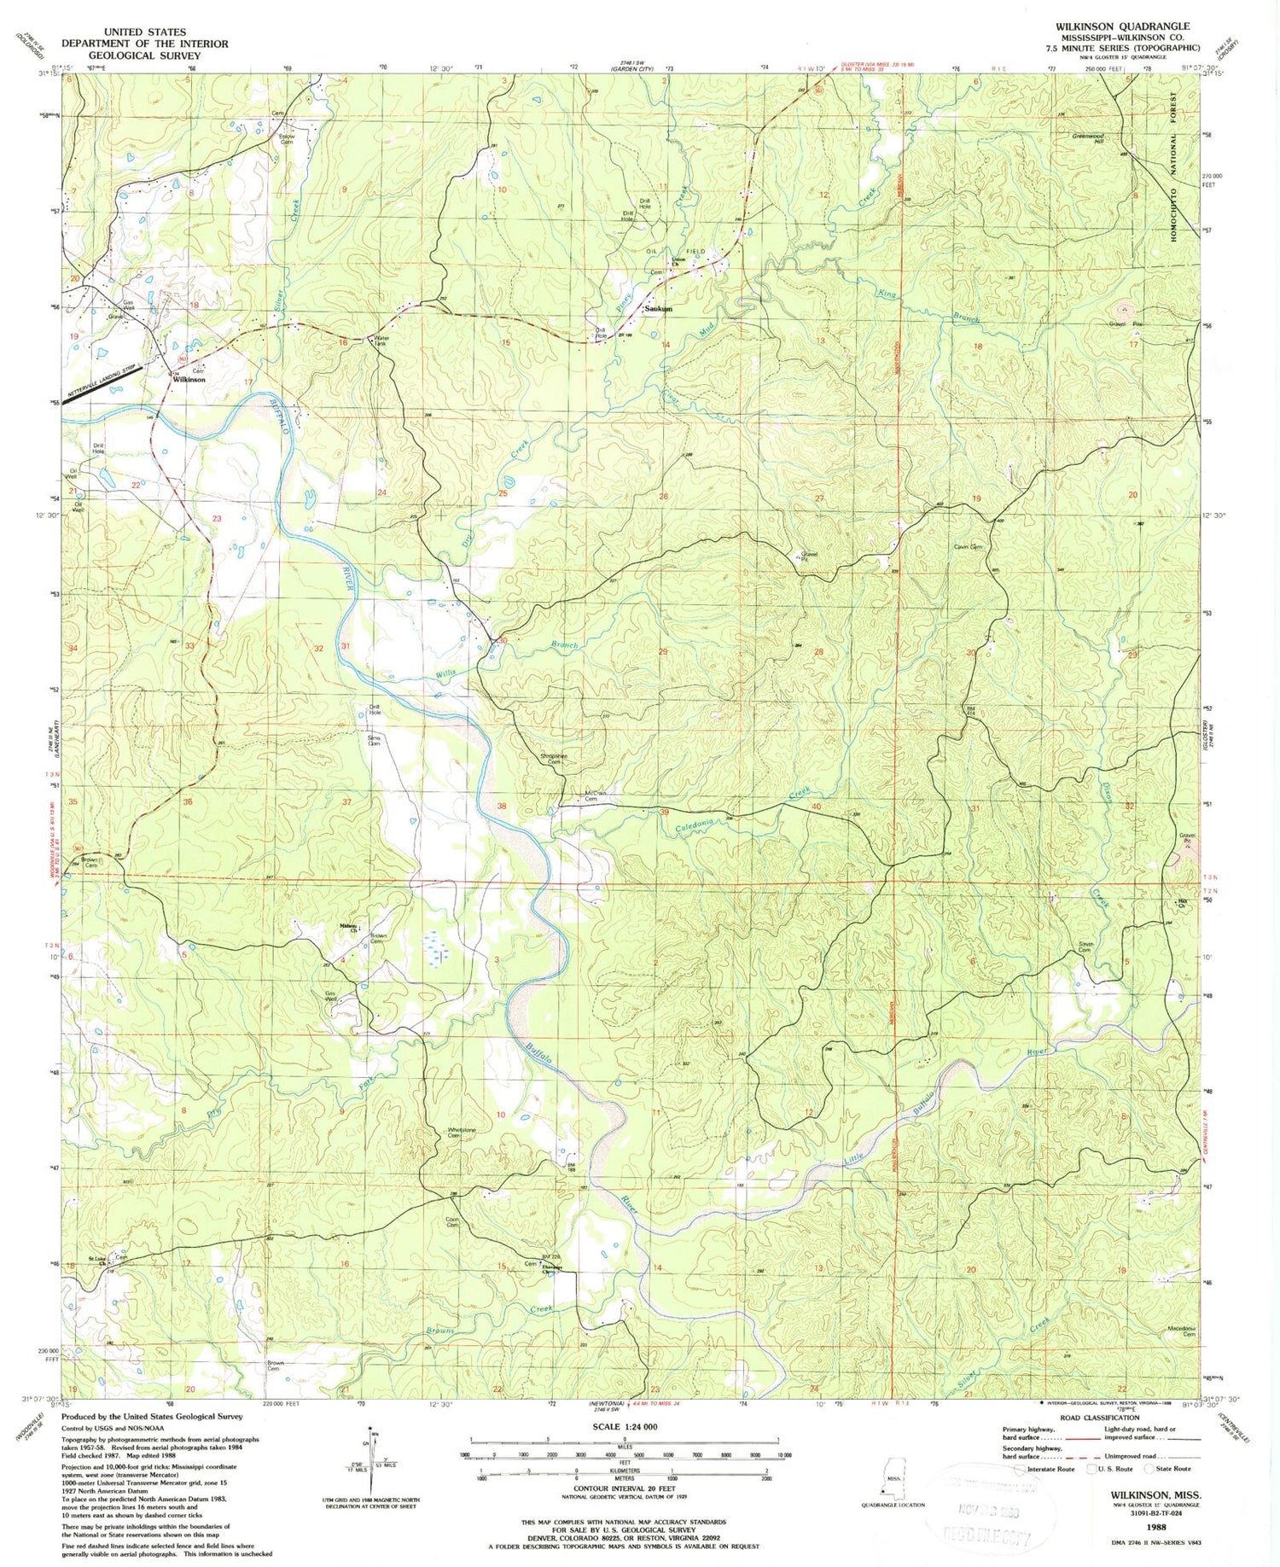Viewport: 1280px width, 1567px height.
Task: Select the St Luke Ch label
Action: (102, 1261)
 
